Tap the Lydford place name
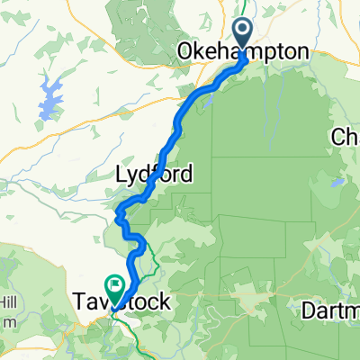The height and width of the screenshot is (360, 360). (x=155, y=174)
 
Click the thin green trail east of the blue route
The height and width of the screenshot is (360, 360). (x=155, y=261)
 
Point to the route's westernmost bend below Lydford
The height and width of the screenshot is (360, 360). (x=119, y=213)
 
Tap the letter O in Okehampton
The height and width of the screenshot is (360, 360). (x=186, y=53)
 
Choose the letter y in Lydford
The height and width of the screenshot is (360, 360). (x=132, y=176)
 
